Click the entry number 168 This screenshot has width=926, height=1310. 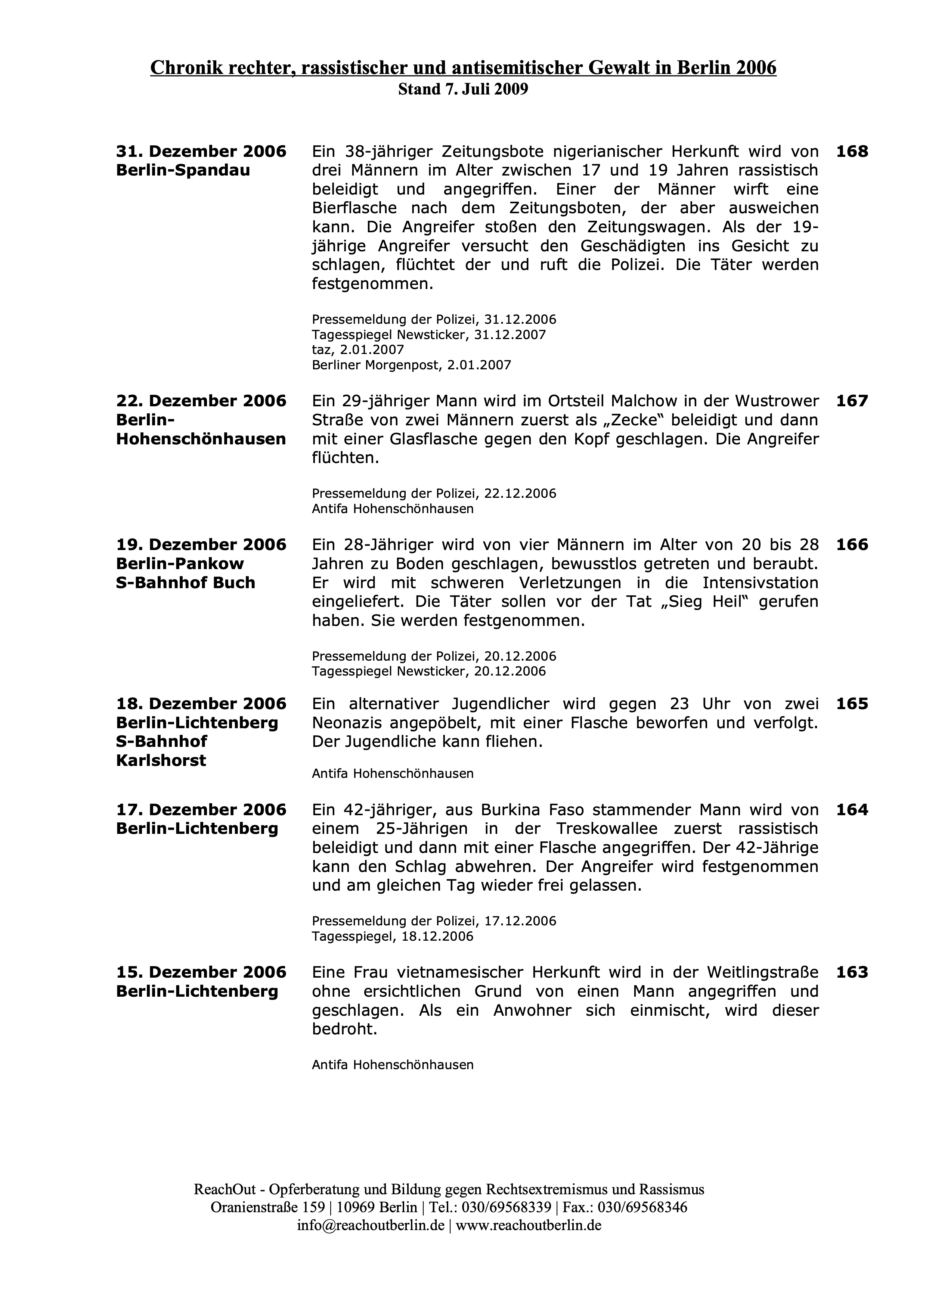tap(851, 152)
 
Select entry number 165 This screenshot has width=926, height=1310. tap(851, 704)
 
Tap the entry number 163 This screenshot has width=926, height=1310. tap(851, 972)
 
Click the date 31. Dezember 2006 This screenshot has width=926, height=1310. tap(201, 152)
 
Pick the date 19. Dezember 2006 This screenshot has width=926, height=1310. tap(201, 545)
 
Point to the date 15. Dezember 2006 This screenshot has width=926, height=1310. tap(201, 972)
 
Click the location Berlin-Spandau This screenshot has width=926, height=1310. tap(183, 171)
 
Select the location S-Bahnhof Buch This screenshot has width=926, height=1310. tap(185, 583)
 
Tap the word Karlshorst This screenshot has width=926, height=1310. tap(161, 761)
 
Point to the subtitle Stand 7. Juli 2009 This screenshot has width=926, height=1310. tap(463, 90)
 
